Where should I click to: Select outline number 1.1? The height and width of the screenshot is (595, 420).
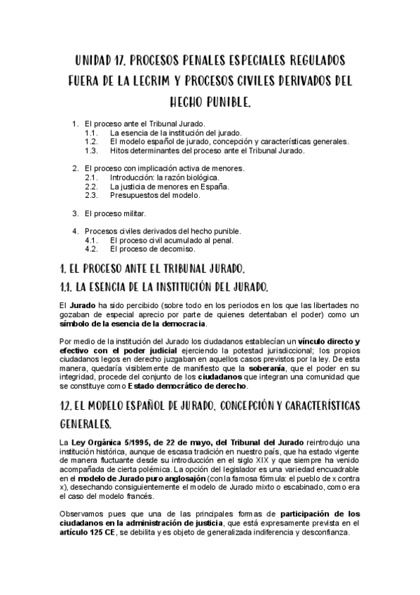90,132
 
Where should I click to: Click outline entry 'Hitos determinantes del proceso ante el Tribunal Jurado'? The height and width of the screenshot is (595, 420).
207,150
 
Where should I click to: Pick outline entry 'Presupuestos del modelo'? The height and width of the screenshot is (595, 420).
155,196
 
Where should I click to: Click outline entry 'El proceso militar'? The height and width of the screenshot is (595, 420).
116,213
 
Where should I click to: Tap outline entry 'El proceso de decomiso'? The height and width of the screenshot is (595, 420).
153,249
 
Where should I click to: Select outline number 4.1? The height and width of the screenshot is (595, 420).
90,240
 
